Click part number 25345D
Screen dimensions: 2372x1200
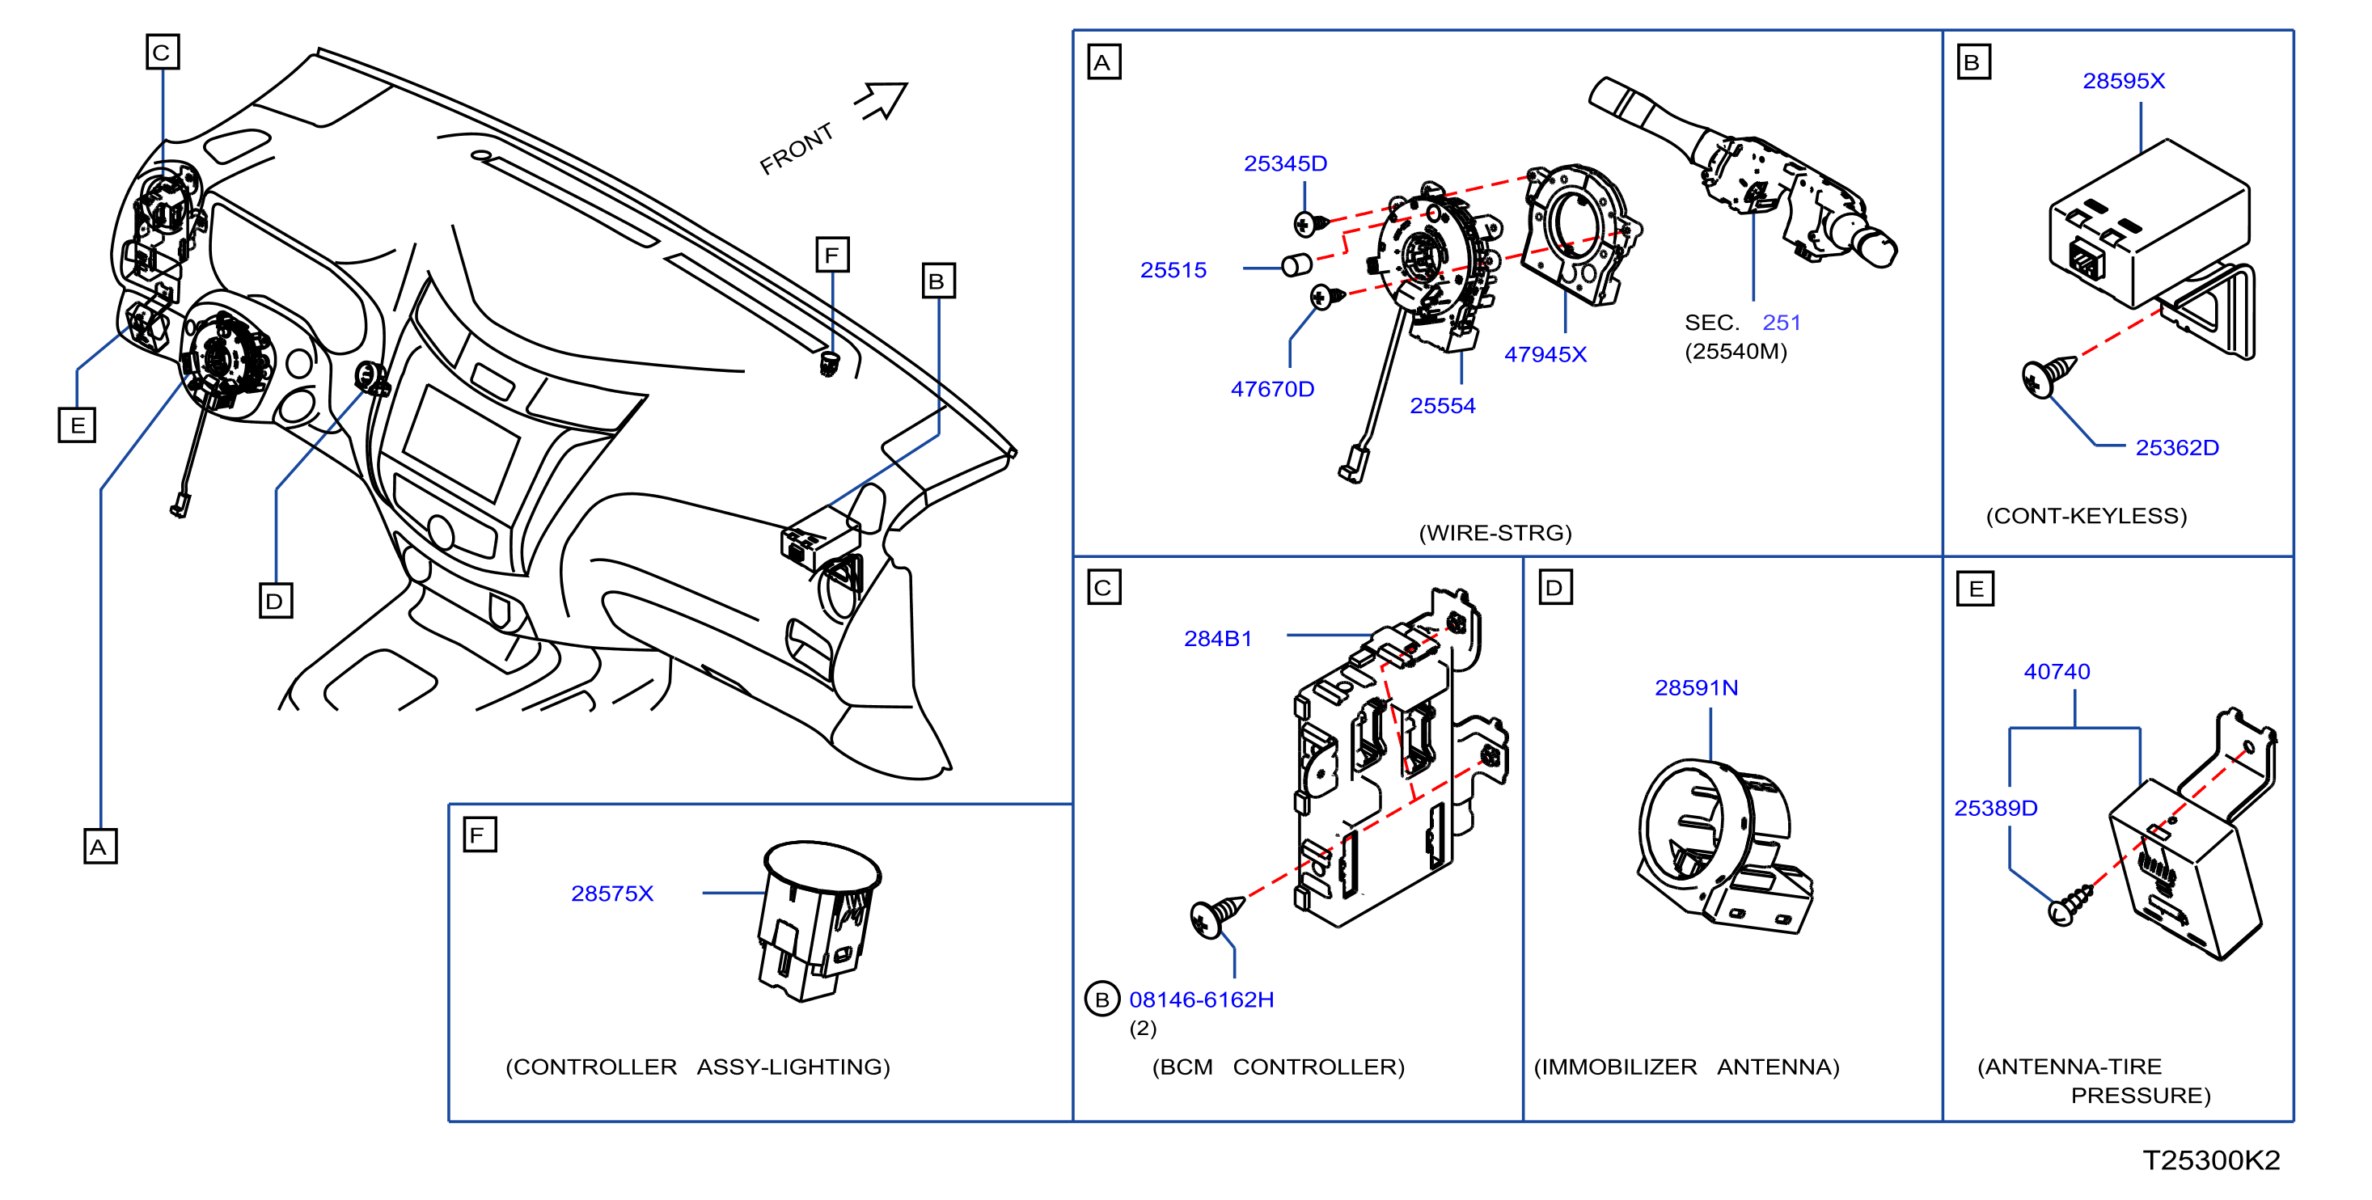coord(1284,164)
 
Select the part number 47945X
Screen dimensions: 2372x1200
coord(1545,354)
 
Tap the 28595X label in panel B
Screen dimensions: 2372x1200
coord(2124,81)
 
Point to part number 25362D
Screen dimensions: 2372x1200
coord(2177,448)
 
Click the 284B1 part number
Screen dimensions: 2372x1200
coord(1217,638)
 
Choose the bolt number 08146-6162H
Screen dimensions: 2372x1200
coord(1201,999)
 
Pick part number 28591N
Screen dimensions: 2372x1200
coord(1696,688)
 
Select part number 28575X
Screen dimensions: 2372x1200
coord(612,894)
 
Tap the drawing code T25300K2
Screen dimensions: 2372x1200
coord(2211,1160)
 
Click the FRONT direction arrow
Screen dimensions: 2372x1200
coord(882,100)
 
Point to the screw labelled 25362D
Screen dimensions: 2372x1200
coord(2049,376)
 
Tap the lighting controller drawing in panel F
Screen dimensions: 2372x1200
coord(818,920)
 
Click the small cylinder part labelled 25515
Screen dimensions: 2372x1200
coord(1296,265)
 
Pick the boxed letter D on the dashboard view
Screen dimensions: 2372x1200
coord(275,601)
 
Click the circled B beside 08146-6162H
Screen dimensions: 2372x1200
coord(1101,999)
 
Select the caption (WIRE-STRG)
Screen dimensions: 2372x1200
coord(1495,532)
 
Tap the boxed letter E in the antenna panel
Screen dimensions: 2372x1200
coord(1974,589)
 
